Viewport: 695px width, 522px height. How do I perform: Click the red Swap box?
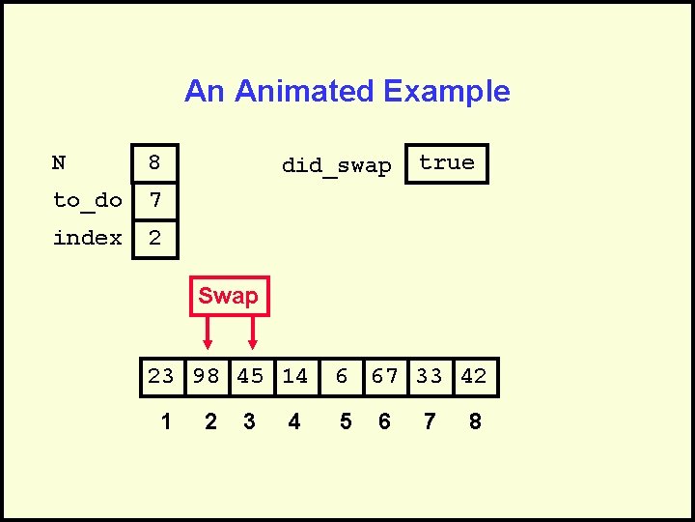229,296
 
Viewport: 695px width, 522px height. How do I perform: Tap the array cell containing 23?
161,376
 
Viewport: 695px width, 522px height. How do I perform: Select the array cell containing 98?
207,376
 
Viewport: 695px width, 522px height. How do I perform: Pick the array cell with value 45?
251,376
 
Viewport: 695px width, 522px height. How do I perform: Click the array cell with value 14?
295,376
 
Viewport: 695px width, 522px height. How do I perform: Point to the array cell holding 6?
341,376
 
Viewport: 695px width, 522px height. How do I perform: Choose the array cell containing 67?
385,376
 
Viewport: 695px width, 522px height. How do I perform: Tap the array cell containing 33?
430,376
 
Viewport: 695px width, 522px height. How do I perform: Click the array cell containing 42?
474,376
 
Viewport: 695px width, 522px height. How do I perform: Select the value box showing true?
447,163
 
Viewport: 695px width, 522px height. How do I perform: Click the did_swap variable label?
336,165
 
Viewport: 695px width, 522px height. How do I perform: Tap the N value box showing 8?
154,163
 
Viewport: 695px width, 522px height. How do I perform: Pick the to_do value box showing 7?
154,201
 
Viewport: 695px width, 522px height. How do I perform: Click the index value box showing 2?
154,238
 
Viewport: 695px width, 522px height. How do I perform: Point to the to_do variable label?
87,201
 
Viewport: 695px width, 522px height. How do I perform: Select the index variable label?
87,238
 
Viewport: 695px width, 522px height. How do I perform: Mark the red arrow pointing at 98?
208,333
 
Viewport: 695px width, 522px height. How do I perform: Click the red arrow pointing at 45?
252,333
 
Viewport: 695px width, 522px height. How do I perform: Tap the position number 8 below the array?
475,421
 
